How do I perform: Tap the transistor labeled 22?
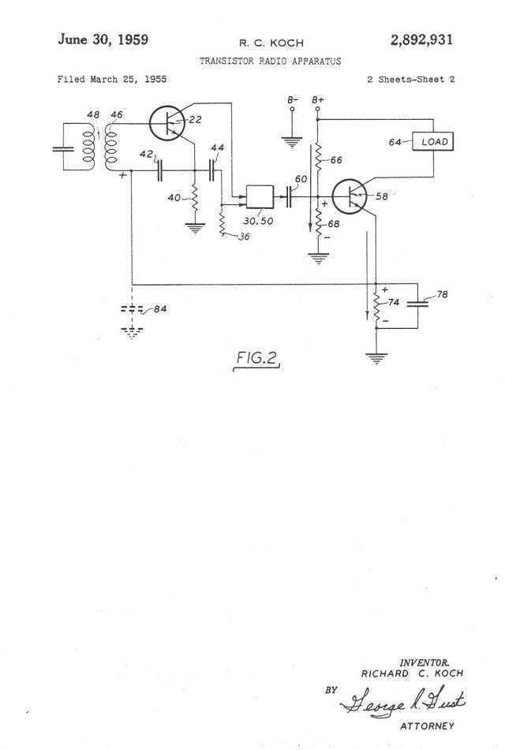[x=167, y=123]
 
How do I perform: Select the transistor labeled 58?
[x=350, y=196]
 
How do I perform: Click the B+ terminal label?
[x=318, y=100]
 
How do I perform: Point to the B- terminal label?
[x=293, y=100]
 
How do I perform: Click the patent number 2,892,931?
[x=421, y=39]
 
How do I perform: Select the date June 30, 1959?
[x=103, y=39]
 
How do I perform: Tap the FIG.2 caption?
[x=257, y=358]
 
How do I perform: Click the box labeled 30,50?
[x=260, y=196]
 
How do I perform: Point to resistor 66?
[x=318, y=156]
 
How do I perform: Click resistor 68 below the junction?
[x=318, y=224]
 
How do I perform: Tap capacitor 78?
[x=417, y=304]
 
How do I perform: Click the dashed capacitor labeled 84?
[x=132, y=309]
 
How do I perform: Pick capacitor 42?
[x=160, y=171]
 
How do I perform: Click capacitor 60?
[x=289, y=196]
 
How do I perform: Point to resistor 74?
[x=376, y=308]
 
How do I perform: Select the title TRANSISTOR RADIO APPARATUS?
[x=270, y=62]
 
